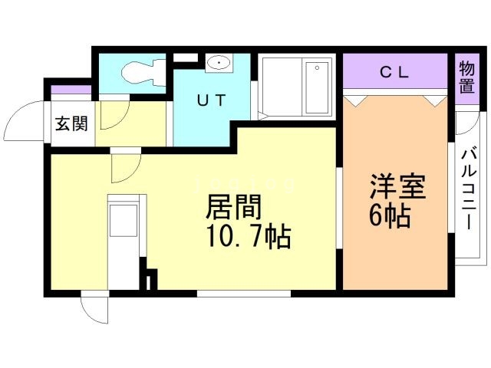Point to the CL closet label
click(396, 73)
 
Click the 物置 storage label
click(466, 76)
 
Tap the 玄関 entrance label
click(71, 124)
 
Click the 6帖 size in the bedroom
click(390, 216)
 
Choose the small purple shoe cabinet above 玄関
click(71, 91)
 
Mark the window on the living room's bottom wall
click(244, 293)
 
